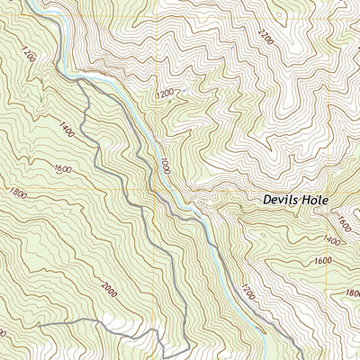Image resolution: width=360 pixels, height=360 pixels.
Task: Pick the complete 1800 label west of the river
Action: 16,193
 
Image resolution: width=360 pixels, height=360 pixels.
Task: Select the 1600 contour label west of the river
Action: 62,167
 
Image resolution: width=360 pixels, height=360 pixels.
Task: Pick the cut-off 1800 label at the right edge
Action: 353,293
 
